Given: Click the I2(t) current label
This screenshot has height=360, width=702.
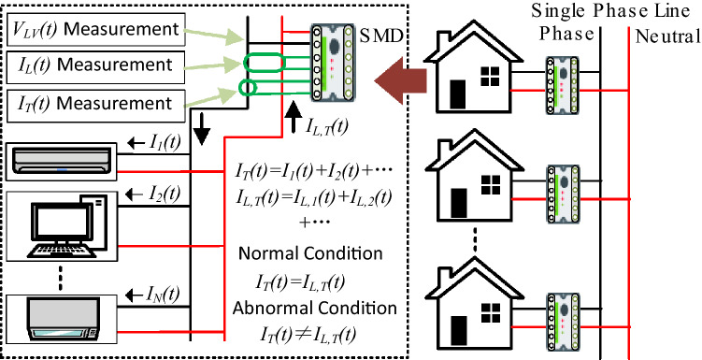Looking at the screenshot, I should pos(157,194).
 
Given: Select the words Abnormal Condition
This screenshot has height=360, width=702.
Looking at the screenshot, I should pos(304,308).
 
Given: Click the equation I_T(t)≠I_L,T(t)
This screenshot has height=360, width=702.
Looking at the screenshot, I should pos(304,332).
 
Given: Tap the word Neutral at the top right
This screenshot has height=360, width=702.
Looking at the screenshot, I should pos(666,37).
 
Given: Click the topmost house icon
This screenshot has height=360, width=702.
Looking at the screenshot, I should pos(472,72).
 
